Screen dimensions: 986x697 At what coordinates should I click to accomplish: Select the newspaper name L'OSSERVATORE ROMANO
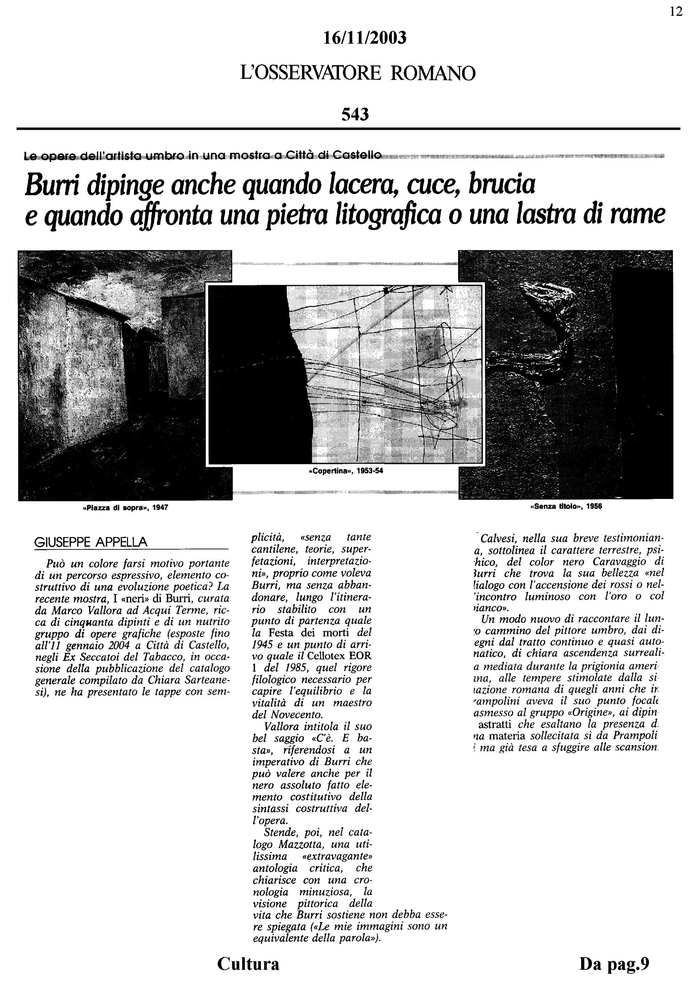[x=358, y=73]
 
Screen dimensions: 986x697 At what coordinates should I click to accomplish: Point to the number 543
[x=355, y=115]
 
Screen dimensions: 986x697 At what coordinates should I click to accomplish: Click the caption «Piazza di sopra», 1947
[x=125, y=508]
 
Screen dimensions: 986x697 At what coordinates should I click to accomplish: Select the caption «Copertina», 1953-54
[x=345, y=471]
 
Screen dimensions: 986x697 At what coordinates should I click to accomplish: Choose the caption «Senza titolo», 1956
[x=566, y=506]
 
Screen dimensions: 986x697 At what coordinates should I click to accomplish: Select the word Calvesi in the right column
[x=498, y=538]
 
